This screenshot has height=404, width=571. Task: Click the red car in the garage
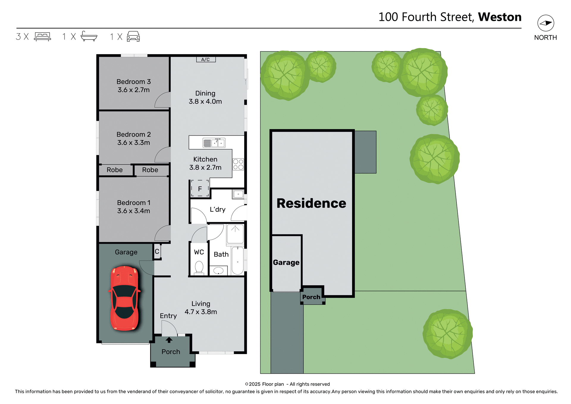(x=125, y=298)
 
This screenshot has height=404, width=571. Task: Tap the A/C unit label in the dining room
(x=206, y=59)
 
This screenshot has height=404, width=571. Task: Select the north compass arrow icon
(x=545, y=23)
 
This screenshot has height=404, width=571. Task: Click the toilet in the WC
(x=199, y=267)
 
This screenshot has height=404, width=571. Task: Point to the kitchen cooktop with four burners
(x=238, y=164)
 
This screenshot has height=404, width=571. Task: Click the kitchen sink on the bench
(x=214, y=143)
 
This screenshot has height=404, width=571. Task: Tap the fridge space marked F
(x=200, y=189)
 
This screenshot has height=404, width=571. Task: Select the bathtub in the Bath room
(x=238, y=261)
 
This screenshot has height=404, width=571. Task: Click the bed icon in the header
(x=43, y=37)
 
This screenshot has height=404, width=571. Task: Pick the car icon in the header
(x=133, y=37)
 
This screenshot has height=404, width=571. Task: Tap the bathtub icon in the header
(x=89, y=36)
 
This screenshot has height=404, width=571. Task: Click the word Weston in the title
(x=500, y=17)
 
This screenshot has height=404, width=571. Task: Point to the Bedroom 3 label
(x=134, y=82)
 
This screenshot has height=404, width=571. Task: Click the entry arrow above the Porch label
(x=169, y=340)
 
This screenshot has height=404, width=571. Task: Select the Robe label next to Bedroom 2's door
(x=150, y=170)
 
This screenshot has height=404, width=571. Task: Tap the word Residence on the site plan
(x=311, y=203)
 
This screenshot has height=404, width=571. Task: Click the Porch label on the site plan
(x=311, y=297)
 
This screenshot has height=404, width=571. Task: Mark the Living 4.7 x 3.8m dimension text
(x=201, y=312)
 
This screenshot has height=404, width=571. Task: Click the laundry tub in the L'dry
(x=238, y=194)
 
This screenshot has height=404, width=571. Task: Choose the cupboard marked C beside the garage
(x=157, y=252)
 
